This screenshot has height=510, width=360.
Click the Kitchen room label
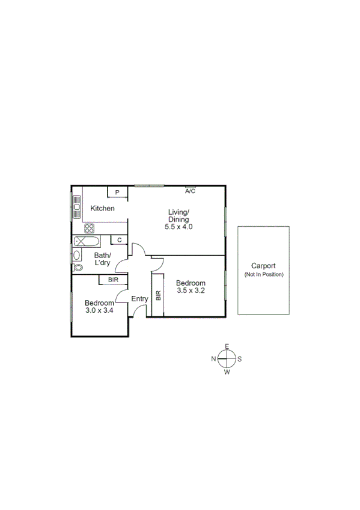[x=102, y=209]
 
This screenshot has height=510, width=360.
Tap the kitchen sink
[x=77, y=207]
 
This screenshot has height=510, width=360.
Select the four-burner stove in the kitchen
[x=89, y=228]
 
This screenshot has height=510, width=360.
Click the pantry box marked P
[x=118, y=192]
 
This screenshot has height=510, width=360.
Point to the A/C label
[x=191, y=191]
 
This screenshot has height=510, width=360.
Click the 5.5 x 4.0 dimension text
[x=178, y=227]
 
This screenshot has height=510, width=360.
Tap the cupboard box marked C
[x=120, y=240]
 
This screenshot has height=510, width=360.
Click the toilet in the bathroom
[x=77, y=267]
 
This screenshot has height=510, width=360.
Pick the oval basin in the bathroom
[x=76, y=254]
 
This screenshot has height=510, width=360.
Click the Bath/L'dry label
[x=103, y=259]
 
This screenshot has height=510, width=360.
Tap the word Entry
[x=139, y=299]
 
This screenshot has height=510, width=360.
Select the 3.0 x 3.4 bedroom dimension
[x=99, y=310]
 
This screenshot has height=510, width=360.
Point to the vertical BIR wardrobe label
[x=158, y=295]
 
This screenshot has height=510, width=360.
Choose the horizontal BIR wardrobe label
[x=113, y=280]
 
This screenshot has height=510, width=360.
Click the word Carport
[x=263, y=266]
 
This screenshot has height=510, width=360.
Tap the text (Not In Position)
[x=263, y=274]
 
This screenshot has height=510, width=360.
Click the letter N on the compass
[x=213, y=359]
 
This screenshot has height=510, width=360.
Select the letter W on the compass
[x=227, y=372]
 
